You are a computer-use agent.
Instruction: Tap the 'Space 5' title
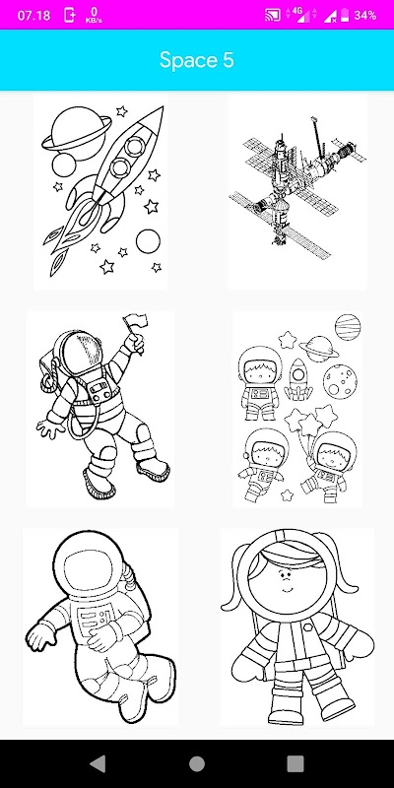click(x=196, y=60)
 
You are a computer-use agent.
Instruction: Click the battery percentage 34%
click(x=364, y=16)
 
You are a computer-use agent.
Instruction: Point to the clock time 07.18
click(x=34, y=16)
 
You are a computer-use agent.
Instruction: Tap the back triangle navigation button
click(x=98, y=764)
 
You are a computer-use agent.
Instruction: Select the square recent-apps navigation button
click(x=295, y=764)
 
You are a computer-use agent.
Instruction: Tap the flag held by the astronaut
click(x=135, y=321)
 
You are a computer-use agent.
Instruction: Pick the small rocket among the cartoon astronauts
click(x=298, y=379)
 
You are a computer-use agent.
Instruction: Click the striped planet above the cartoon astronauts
click(x=348, y=327)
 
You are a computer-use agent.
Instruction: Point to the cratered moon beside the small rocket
click(x=340, y=380)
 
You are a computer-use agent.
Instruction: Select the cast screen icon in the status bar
click(x=273, y=16)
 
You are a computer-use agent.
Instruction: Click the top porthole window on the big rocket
click(x=135, y=146)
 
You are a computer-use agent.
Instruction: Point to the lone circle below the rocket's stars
click(x=148, y=241)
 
